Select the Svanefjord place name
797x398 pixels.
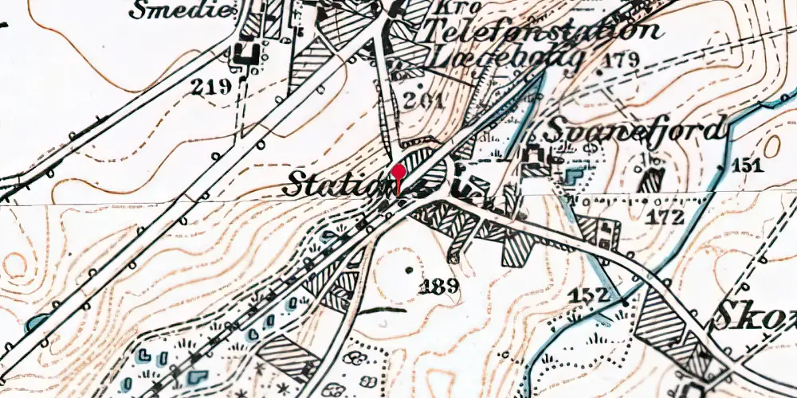coord(638,129)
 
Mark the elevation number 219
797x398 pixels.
coord(210,87)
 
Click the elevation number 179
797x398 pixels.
coord(622,60)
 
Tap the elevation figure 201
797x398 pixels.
coord(423,101)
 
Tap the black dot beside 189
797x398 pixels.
coord(410,271)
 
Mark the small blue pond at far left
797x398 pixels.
coord(34,322)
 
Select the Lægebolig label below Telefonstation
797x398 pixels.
coord(507,60)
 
